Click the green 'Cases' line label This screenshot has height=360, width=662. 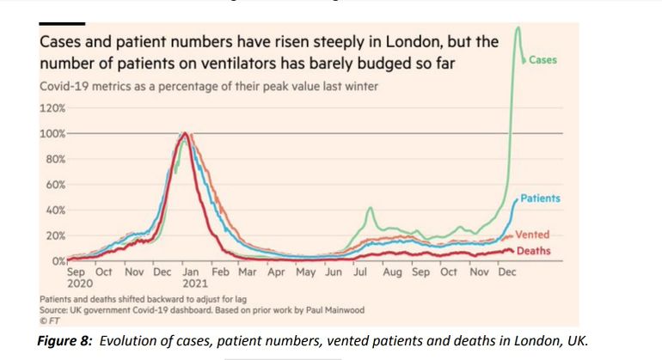(542, 59)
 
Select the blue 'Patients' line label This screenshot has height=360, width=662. (540, 198)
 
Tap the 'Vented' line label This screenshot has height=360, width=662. (532, 235)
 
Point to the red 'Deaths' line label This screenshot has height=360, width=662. (534, 251)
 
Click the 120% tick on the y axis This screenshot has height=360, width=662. (52, 109)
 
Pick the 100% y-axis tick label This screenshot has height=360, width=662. (52, 134)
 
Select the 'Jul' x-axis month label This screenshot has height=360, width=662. (361, 272)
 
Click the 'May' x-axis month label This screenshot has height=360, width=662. (305, 272)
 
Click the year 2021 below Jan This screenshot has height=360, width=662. (194, 283)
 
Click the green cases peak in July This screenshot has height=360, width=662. (370, 208)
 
